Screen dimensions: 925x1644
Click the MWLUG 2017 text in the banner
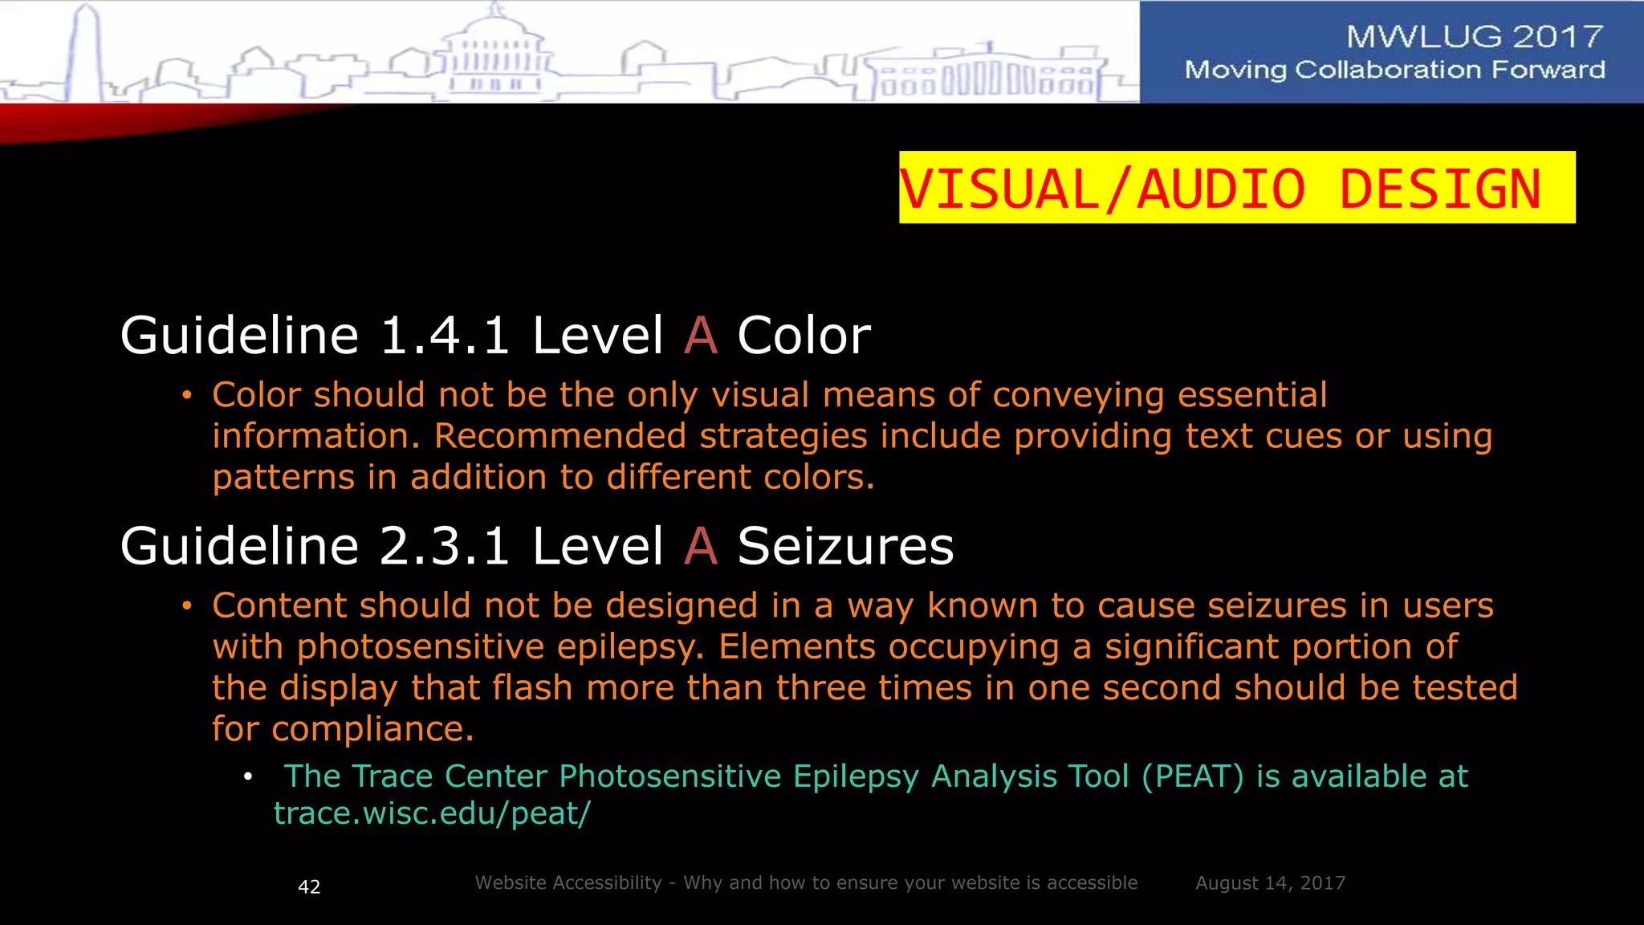pos(1474,36)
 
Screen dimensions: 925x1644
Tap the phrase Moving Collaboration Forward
pos(1394,70)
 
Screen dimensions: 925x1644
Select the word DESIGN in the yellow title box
pos(1440,189)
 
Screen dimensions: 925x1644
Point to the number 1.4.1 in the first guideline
pos(444,335)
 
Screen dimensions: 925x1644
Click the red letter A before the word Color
pos(701,335)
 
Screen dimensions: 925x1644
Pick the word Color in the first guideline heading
pos(804,335)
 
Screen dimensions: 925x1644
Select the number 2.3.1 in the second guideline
pos(444,546)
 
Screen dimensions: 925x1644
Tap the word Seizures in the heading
pos(845,546)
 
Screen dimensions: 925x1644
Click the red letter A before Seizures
pos(701,546)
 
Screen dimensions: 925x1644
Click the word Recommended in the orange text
pos(560,436)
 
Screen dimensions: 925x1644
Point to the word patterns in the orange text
pos(283,478)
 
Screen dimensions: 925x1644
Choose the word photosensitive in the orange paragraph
pos(421,647)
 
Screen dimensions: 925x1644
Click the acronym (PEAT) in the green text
pos(1192,776)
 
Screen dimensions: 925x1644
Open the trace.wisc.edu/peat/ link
pos(432,813)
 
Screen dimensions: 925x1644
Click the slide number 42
pos(309,886)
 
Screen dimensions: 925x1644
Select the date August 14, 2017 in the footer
pos(1270,883)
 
